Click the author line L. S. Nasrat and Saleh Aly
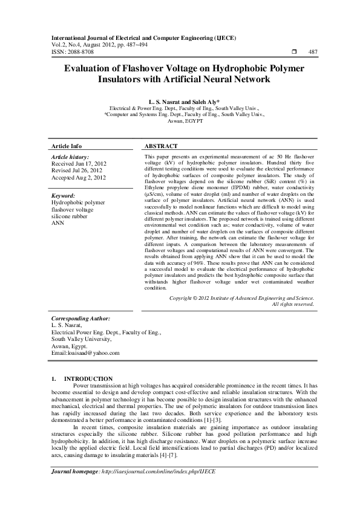(180, 102)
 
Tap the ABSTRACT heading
(162, 147)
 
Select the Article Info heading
(67, 147)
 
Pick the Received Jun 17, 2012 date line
(79, 164)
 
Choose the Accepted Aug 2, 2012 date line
(79, 178)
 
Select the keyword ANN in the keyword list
(58, 223)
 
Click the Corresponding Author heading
(80, 318)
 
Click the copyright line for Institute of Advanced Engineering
(241, 298)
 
